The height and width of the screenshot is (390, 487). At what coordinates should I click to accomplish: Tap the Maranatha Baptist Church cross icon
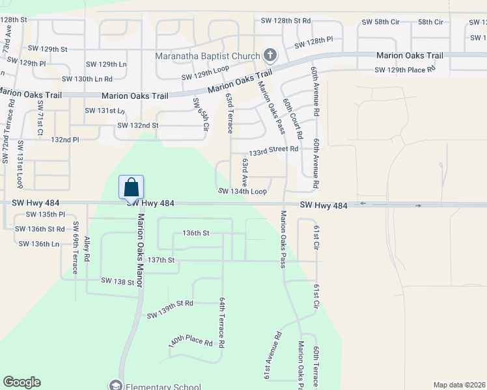[x=271, y=56]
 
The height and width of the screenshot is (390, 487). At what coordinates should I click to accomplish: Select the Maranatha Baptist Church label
[x=208, y=56]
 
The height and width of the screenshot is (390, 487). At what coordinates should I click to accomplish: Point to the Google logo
[x=21, y=382]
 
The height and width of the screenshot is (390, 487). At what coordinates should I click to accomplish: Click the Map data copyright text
[x=460, y=385]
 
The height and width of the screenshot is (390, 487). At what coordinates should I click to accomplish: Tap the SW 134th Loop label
[x=242, y=192]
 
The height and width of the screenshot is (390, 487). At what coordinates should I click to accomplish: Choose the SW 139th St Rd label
[x=170, y=309]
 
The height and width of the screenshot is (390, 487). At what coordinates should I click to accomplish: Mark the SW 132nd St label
[x=138, y=125]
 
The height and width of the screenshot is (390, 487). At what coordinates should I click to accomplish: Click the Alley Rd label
[x=87, y=249]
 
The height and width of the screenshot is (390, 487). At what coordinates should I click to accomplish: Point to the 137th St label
[x=161, y=260]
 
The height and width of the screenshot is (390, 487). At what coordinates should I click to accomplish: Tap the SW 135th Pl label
[x=45, y=214]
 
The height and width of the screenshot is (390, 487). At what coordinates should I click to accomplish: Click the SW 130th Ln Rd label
[x=87, y=79]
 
